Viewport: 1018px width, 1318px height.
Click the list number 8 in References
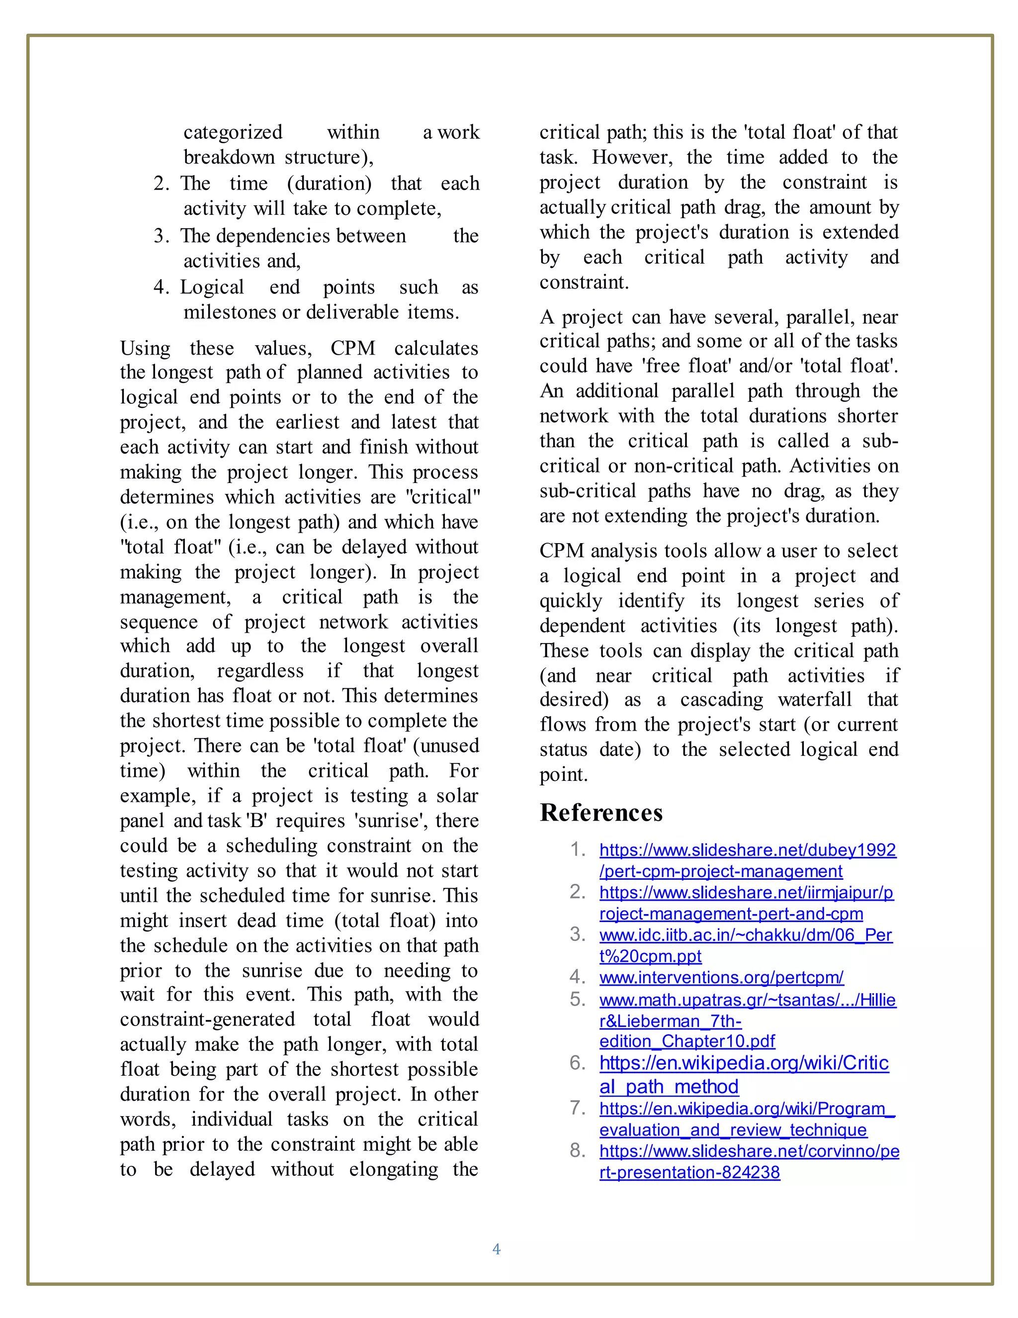click(x=577, y=1150)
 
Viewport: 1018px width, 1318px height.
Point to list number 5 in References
click(x=577, y=999)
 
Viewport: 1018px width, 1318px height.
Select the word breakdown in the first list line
click(x=229, y=158)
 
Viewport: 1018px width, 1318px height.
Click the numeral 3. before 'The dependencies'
click(x=161, y=235)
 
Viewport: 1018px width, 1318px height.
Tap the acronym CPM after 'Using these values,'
click(x=353, y=348)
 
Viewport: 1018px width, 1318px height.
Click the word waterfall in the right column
click(x=815, y=699)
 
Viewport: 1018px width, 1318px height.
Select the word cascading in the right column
click(x=721, y=699)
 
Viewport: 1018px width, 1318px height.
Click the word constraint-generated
click(x=207, y=1019)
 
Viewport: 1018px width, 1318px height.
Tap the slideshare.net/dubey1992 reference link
click(x=747, y=849)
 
